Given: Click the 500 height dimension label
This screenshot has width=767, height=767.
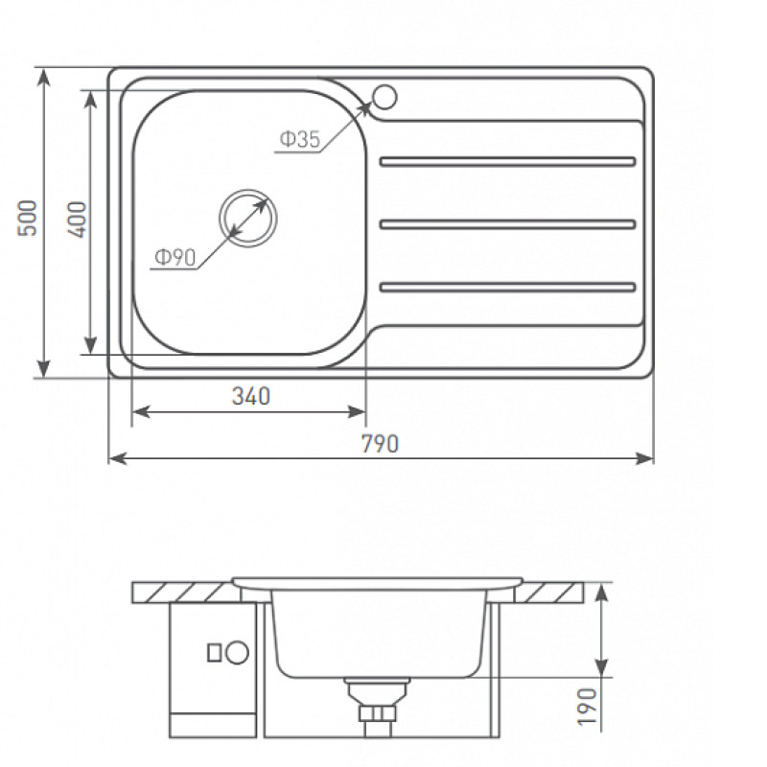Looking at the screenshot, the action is (28, 218).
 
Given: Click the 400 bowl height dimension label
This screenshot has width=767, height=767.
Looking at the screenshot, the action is (77, 220).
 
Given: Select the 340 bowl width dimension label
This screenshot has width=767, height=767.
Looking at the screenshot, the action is (251, 396).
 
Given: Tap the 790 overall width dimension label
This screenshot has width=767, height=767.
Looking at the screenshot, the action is (380, 444).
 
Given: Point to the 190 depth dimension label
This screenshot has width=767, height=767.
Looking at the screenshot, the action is (588, 707).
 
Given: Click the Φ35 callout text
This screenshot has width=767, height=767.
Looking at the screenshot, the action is (300, 139).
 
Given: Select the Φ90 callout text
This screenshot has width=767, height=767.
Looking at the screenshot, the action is (175, 257).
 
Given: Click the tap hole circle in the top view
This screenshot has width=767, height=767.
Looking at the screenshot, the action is (384, 97).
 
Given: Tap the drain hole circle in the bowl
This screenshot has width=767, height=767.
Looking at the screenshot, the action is (248, 218).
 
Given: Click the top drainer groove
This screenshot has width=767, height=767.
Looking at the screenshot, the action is (508, 161).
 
